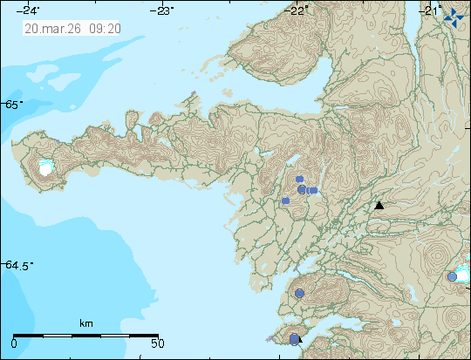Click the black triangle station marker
pyautogui.click(x=379, y=206)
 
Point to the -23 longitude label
pyautogui.click(x=163, y=10)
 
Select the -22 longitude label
pyautogui.click(x=298, y=10)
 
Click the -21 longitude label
pyautogui.click(x=431, y=10)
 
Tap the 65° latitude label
pyautogui.click(x=13, y=105)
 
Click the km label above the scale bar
pyautogui.click(x=85, y=323)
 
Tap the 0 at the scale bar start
pyautogui.click(x=15, y=343)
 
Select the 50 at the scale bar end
pyautogui.click(x=156, y=343)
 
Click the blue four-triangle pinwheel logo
pyautogui.click(x=454, y=13)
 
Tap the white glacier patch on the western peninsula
pyautogui.click(x=45, y=169)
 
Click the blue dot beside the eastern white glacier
pyautogui.click(x=452, y=276)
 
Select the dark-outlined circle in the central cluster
pyautogui.click(x=302, y=189)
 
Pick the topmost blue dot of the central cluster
pyautogui.click(x=299, y=179)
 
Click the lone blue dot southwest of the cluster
pyautogui.click(x=285, y=200)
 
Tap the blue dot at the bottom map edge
pyautogui.click(x=295, y=339)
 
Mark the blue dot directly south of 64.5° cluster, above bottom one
pyautogui.click(x=299, y=294)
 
